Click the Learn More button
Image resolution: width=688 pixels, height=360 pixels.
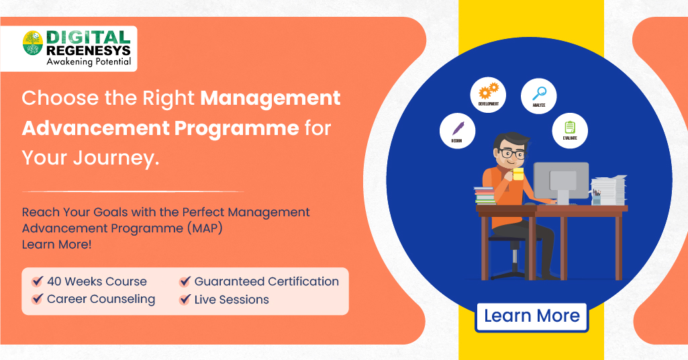(532, 316)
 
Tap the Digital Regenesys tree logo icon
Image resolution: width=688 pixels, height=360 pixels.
(32, 44)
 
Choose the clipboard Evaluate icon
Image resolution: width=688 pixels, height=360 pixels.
(570, 129)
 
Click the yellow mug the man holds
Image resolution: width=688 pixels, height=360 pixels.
(518, 175)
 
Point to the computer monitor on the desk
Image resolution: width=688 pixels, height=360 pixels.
(560, 181)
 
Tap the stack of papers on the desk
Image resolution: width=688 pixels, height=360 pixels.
(607, 189)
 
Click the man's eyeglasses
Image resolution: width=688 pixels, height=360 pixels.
(511, 154)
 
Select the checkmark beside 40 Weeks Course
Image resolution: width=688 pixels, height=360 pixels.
(37, 281)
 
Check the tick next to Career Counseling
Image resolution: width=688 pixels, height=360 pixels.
(37, 299)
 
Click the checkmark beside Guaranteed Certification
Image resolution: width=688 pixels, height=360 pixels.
(185, 282)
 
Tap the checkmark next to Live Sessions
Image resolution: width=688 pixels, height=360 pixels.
(185, 300)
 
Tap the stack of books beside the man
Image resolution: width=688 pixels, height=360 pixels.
(484, 195)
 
